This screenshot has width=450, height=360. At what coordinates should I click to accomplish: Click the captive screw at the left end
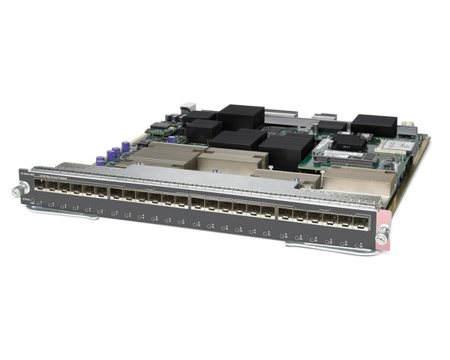point(16,191)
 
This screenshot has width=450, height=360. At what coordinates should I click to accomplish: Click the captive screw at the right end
point(382,238)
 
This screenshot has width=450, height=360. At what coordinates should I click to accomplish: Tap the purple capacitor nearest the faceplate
point(100,160)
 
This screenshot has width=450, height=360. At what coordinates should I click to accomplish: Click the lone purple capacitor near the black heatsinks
point(172,139)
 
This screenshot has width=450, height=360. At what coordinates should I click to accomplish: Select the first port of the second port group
point(117,193)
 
